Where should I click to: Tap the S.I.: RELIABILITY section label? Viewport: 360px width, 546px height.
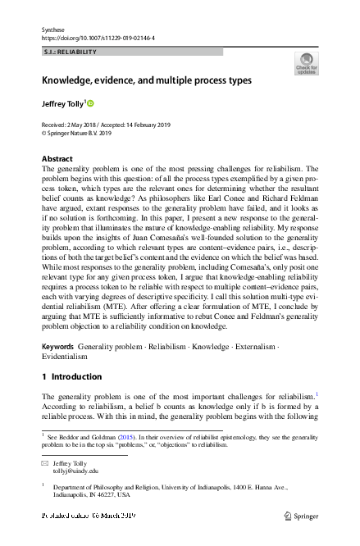(70, 52)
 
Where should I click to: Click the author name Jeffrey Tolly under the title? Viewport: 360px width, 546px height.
(62, 105)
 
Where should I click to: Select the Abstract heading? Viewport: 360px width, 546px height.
(57, 157)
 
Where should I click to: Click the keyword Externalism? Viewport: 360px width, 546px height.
(253, 347)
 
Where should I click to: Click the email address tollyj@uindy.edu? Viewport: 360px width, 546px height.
(76, 471)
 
